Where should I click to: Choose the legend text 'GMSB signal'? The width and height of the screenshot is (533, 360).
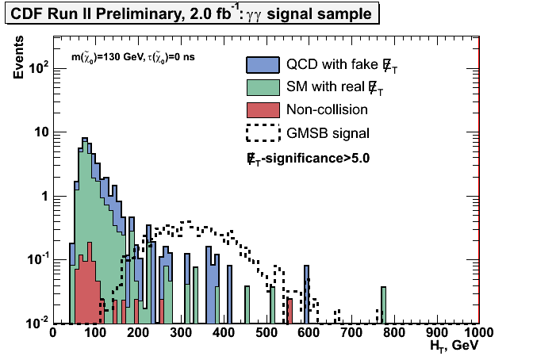point(327,132)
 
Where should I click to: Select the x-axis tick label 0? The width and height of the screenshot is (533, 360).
point(53,333)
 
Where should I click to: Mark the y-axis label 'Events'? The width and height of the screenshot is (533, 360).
point(17,59)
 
